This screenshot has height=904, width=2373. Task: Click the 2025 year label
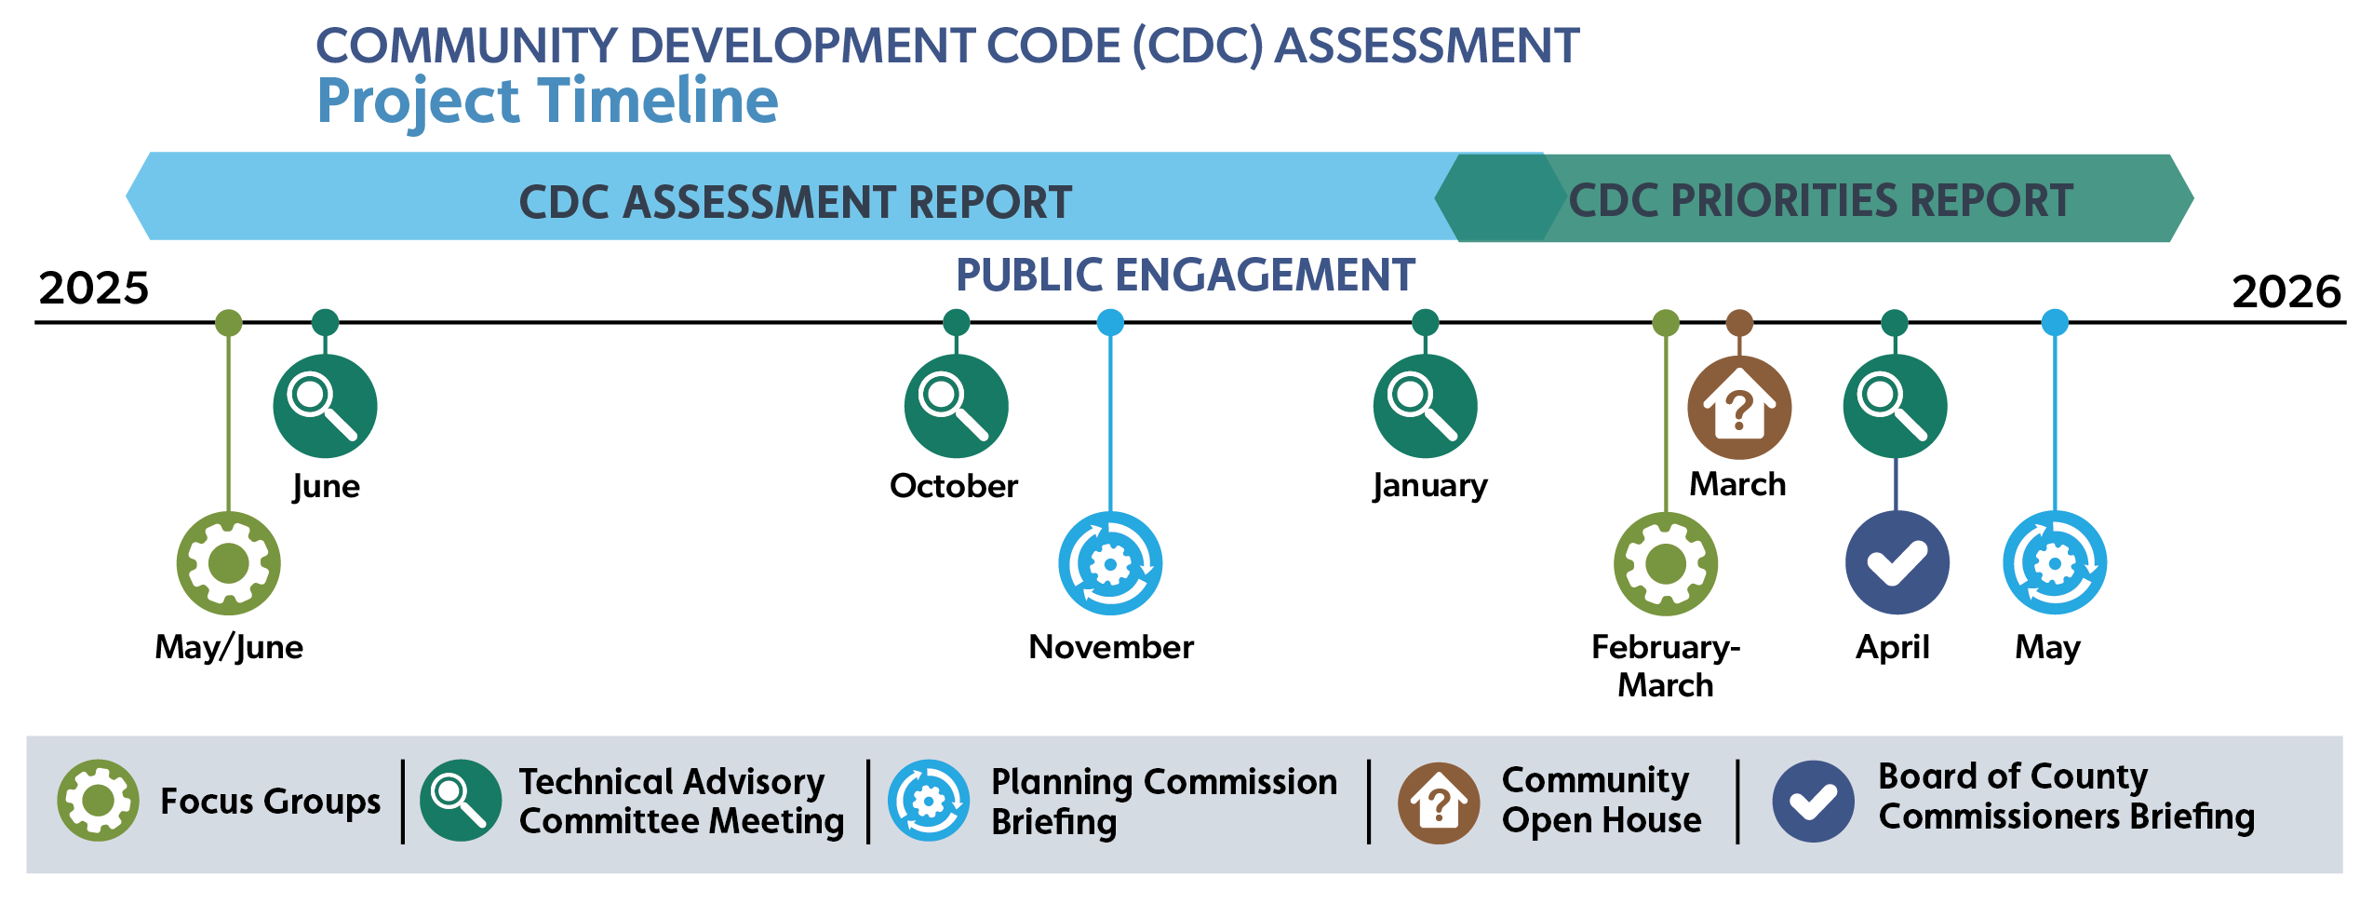pyautogui.click(x=93, y=288)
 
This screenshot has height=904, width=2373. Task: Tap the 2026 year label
pyautogui.click(x=2286, y=291)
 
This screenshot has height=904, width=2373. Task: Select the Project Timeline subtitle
pyautogui.click(x=547, y=101)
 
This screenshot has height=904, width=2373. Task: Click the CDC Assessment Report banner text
pyautogui.click(x=795, y=202)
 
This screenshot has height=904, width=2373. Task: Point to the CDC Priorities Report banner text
pyautogui.click(x=1821, y=200)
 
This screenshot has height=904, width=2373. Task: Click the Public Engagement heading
pyautogui.click(x=1186, y=275)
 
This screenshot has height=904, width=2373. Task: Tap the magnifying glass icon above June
pyautogui.click(x=325, y=406)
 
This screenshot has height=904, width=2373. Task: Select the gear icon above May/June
pyautogui.click(x=229, y=563)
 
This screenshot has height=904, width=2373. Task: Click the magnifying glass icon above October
pyautogui.click(x=957, y=406)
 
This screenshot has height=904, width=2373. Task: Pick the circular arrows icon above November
pyautogui.click(x=1110, y=563)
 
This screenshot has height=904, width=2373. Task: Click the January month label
pyautogui.click(x=1430, y=487)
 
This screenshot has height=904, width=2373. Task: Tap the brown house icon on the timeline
pyautogui.click(x=1739, y=408)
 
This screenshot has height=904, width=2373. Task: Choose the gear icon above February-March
pyautogui.click(x=1666, y=563)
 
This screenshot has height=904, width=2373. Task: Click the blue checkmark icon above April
pyautogui.click(x=1897, y=562)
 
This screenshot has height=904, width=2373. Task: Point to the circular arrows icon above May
pyautogui.click(x=2055, y=562)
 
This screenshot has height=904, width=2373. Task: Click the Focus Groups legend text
pyautogui.click(x=271, y=802)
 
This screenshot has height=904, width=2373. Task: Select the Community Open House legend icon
pyautogui.click(x=1439, y=803)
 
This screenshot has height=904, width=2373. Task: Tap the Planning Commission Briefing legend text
pyautogui.click(x=1164, y=802)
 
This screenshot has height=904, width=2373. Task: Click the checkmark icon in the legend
pyautogui.click(x=1814, y=802)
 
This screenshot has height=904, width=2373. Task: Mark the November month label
pyautogui.click(x=1111, y=647)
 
